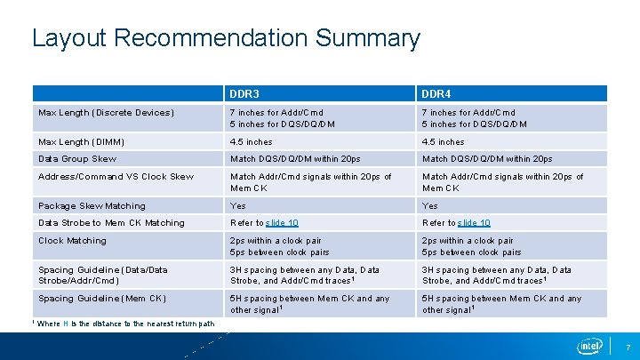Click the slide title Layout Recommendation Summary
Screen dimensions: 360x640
(225, 38)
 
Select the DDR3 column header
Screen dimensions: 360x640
(244, 93)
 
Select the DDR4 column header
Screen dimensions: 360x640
(436, 93)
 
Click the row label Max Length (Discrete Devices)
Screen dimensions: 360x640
(106, 113)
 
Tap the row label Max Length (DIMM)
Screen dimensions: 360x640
(81, 141)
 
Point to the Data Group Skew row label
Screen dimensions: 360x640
(77, 159)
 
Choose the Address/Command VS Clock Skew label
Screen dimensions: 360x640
(116, 177)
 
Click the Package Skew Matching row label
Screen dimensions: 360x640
(92, 205)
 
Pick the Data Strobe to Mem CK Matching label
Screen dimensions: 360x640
(111, 223)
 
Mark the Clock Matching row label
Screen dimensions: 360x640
(72, 241)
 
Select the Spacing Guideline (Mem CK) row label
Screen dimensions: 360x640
(102, 299)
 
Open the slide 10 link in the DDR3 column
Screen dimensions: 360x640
(282, 223)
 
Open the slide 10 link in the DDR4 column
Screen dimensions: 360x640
(474, 223)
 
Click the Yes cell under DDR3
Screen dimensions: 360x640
(238, 205)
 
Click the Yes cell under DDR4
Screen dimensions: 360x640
(430, 205)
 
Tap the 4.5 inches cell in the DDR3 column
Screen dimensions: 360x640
(251, 141)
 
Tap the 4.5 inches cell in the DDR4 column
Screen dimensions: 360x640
(443, 141)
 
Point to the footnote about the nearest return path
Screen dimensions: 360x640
(125, 324)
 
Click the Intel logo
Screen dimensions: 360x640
(590, 345)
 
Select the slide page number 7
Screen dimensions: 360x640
(628, 346)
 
